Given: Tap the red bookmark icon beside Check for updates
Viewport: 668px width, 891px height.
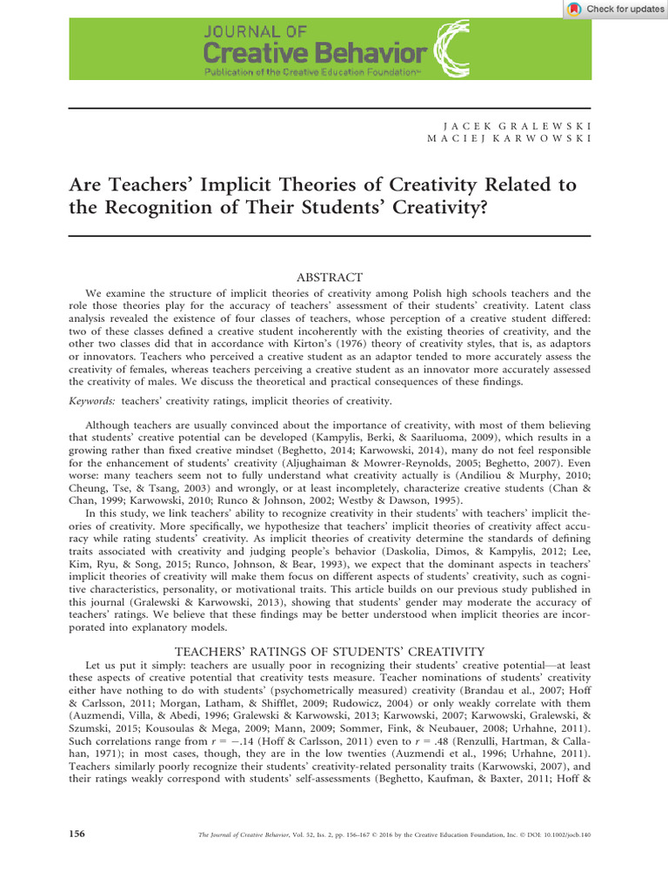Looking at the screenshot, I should coord(573,9).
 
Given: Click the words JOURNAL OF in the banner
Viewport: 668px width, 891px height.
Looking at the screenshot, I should coord(254,31).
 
